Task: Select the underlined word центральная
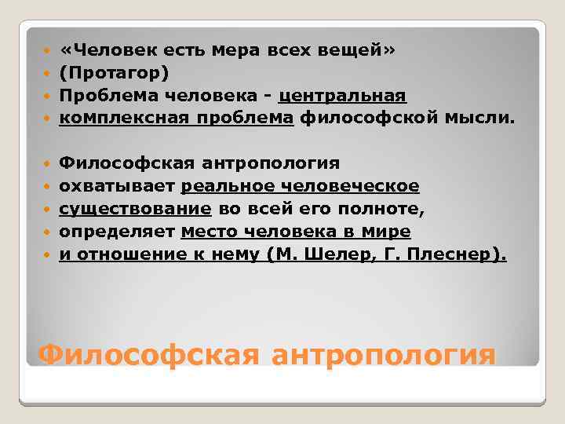[x=342, y=96]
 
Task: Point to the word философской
[x=360, y=119]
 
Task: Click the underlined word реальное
[x=225, y=187]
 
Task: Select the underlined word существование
[x=135, y=210]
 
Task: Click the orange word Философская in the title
[x=148, y=356]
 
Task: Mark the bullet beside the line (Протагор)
[x=48, y=74]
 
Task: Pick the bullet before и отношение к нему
[x=48, y=256]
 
